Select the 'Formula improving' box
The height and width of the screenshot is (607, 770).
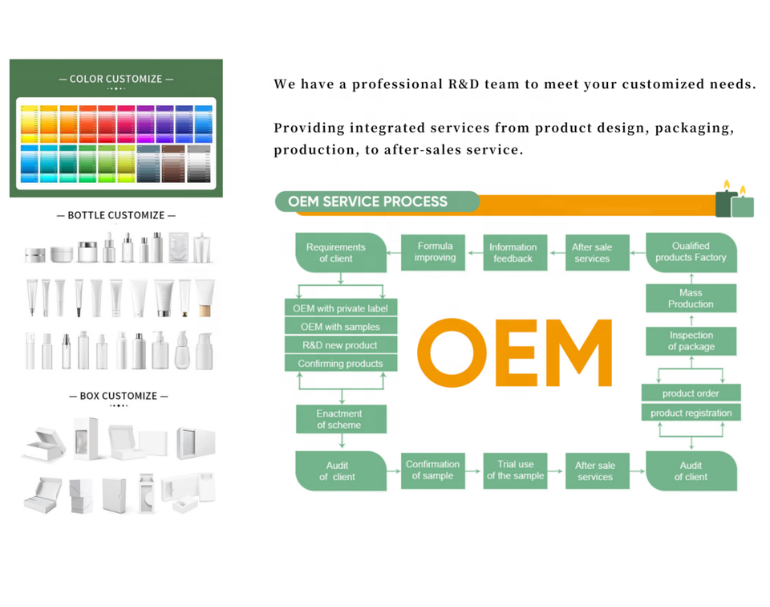click(x=435, y=252)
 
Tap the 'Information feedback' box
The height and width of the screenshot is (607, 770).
click(x=513, y=253)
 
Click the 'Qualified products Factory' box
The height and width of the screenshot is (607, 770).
click(x=691, y=252)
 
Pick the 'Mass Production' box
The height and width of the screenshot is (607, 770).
click(x=691, y=299)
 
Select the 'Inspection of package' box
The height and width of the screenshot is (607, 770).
click(x=691, y=341)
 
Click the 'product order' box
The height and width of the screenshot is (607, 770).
click(x=691, y=393)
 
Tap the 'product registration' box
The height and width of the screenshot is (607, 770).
click(x=691, y=413)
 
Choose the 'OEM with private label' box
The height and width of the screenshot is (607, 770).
click(x=340, y=308)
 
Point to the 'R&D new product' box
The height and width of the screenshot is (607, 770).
click(x=340, y=345)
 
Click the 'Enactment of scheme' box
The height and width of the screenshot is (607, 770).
click(x=340, y=419)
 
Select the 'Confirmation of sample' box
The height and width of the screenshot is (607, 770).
click(x=432, y=471)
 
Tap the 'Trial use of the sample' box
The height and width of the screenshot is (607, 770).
click(x=515, y=471)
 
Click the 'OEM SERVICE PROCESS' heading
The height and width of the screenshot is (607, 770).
click(x=368, y=202)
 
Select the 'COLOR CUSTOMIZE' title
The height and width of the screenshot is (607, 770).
click(x=115, y=79)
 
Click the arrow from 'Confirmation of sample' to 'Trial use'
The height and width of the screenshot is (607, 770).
click(x=473, y=471)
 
